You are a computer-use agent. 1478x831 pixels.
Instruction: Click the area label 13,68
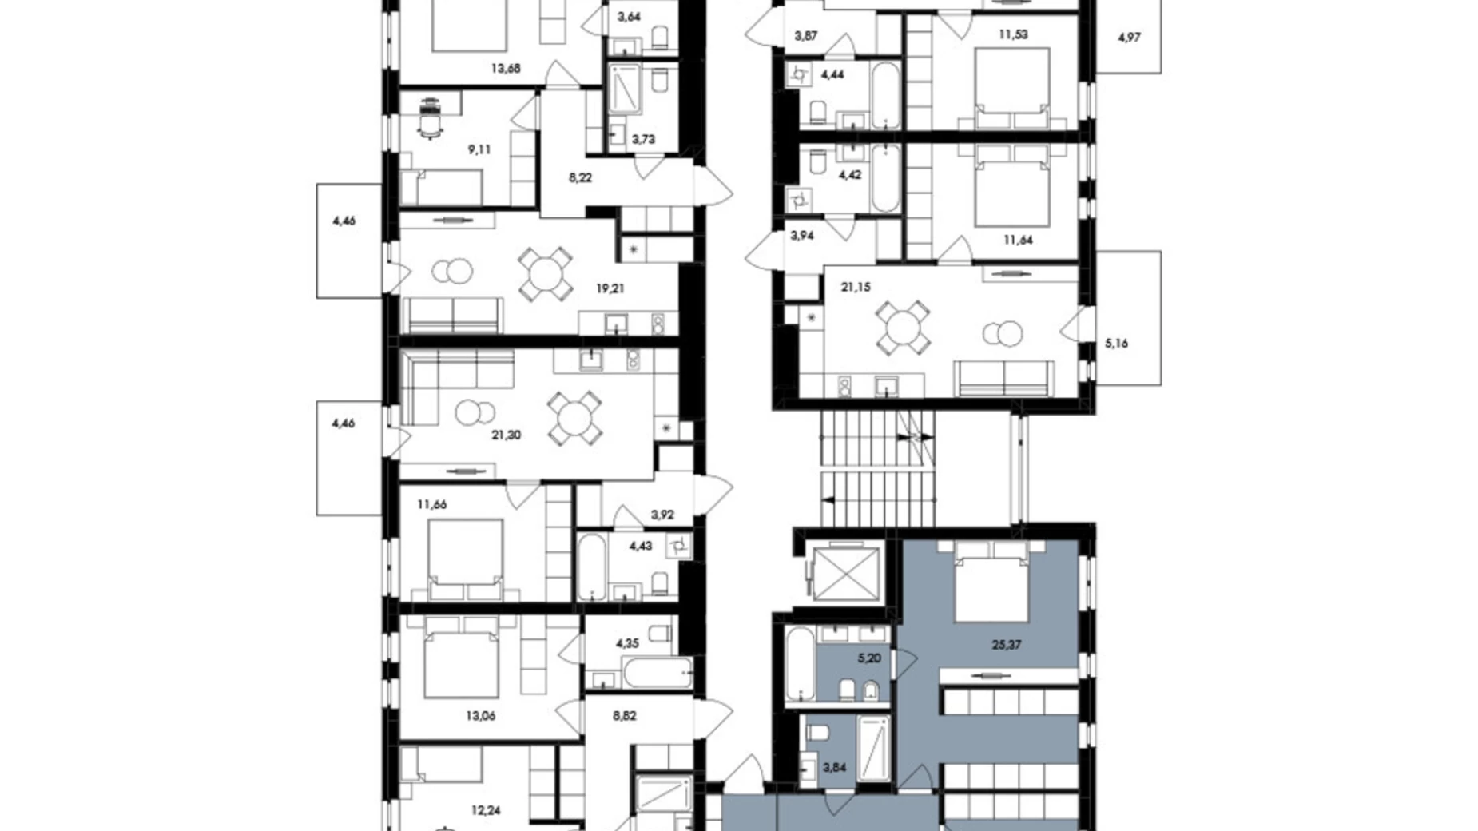(505, 69)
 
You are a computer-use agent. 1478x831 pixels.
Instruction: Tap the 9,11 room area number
(479, 149)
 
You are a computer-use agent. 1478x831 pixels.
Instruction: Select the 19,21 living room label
(610, 288)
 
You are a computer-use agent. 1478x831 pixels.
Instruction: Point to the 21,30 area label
(507, 435)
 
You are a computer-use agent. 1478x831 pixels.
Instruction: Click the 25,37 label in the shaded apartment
(1006, 645)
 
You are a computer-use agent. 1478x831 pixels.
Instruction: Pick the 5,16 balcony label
(1116, 344)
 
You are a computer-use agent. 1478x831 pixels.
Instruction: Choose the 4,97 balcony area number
(1129, 37)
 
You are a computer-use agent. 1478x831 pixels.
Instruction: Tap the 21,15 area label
(856, 287)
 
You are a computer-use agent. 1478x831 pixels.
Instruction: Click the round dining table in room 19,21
(546, 275)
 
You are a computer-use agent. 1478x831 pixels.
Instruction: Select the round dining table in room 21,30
(574, 418)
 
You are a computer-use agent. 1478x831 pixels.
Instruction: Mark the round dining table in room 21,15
(903, 328)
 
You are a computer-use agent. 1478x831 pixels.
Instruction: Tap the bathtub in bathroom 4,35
(658, 673)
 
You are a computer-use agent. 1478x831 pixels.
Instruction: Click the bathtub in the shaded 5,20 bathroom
(800, 664)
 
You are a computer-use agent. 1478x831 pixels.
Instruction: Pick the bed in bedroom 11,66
(465, 559)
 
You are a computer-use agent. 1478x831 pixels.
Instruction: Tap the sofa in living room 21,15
(1004, 378)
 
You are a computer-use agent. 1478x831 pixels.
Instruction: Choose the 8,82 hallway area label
(625, 717)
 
